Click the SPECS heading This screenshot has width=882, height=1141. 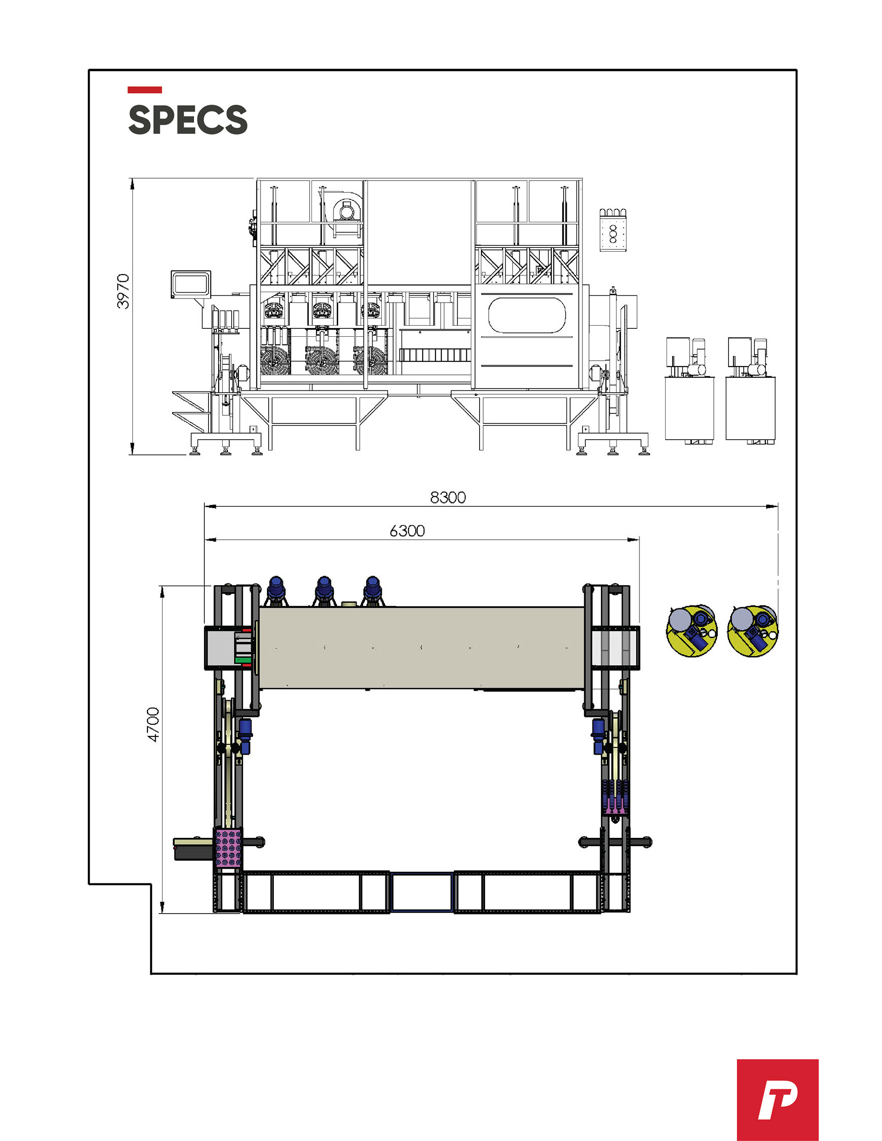(x=187, y=119)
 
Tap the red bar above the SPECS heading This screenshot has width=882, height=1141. (x=145, y=90)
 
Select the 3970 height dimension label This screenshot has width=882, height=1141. (x=123, y=291)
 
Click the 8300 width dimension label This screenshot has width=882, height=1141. (x=448, y=497)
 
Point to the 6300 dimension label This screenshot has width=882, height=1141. (x=407, y=531)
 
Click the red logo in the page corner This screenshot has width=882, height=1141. (x=778, y=1100)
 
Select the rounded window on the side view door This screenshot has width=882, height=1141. (x=527, y=315)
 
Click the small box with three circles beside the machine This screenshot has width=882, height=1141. (x=613, y=231)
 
